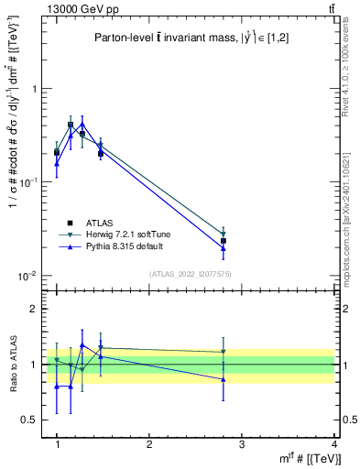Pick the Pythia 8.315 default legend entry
(x=109, y=248)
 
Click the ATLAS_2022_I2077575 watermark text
(x=189, y=274)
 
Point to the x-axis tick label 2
(x=149, y=444)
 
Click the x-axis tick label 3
(x=242, y=444)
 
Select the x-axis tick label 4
(x=333, y=444)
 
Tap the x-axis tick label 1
(x=58, y=444)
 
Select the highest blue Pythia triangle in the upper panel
(x=82, y=124)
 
